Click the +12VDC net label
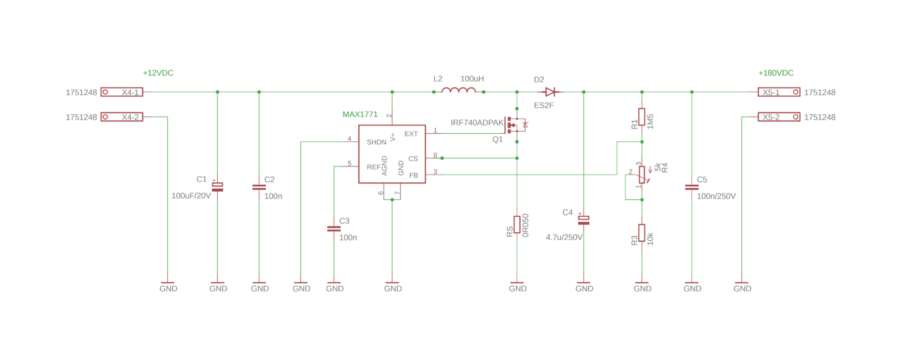click(158, 73)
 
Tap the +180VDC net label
click(776, 73)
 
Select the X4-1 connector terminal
click(122, 92)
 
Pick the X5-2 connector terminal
click(779, 117)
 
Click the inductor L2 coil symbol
click(459, 90)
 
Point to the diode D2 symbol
click(550, 92)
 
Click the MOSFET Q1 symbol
click(516, 125)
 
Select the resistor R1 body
click(642, 117)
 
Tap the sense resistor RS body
click(517, 225)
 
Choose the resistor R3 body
click(642, 233)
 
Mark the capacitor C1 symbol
click(218, 187)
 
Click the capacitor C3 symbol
click(334, 229)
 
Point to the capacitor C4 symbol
click(584, 220)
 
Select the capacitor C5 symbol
click(692, 187)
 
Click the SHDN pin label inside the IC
click(377, 142)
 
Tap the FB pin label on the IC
click(414, 175)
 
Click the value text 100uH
click(472, 79)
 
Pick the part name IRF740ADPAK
click(477, 123)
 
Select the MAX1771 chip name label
click(360, 114)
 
